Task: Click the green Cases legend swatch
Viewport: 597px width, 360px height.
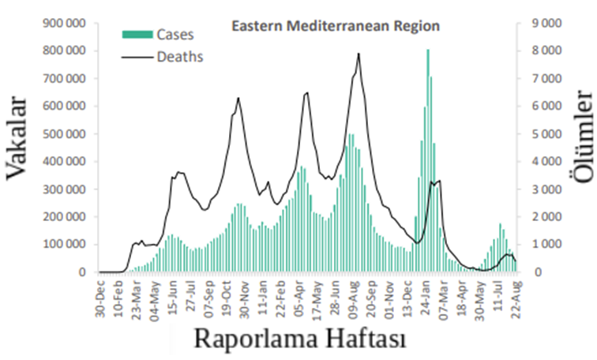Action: coord(137,34)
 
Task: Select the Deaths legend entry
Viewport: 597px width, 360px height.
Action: coord(179,56)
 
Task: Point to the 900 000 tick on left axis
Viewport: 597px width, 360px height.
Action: coord(63,24)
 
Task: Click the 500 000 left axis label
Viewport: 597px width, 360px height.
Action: coord(63,134)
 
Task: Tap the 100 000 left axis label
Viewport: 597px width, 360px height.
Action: coord(63,245)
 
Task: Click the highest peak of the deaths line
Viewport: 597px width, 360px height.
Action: coord(359,54)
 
